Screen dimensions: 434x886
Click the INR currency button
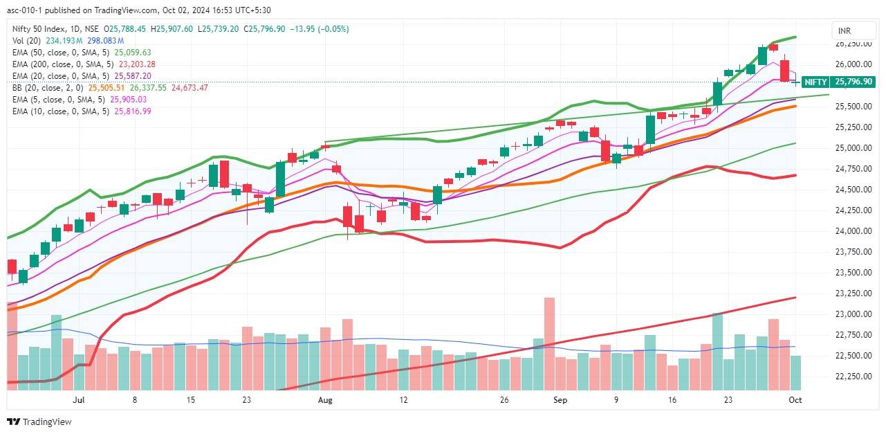pos(845,31)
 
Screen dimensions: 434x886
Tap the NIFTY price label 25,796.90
pos(852,82)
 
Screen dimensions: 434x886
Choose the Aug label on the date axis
pos(325,400)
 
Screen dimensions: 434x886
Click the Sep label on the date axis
pos(560,400)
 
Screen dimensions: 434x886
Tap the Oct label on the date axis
pos(795,400)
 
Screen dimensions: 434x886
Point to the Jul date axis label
pos(78,400)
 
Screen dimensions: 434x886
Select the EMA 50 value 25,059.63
pos(132,53)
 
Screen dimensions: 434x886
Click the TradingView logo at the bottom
pos(39,422)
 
